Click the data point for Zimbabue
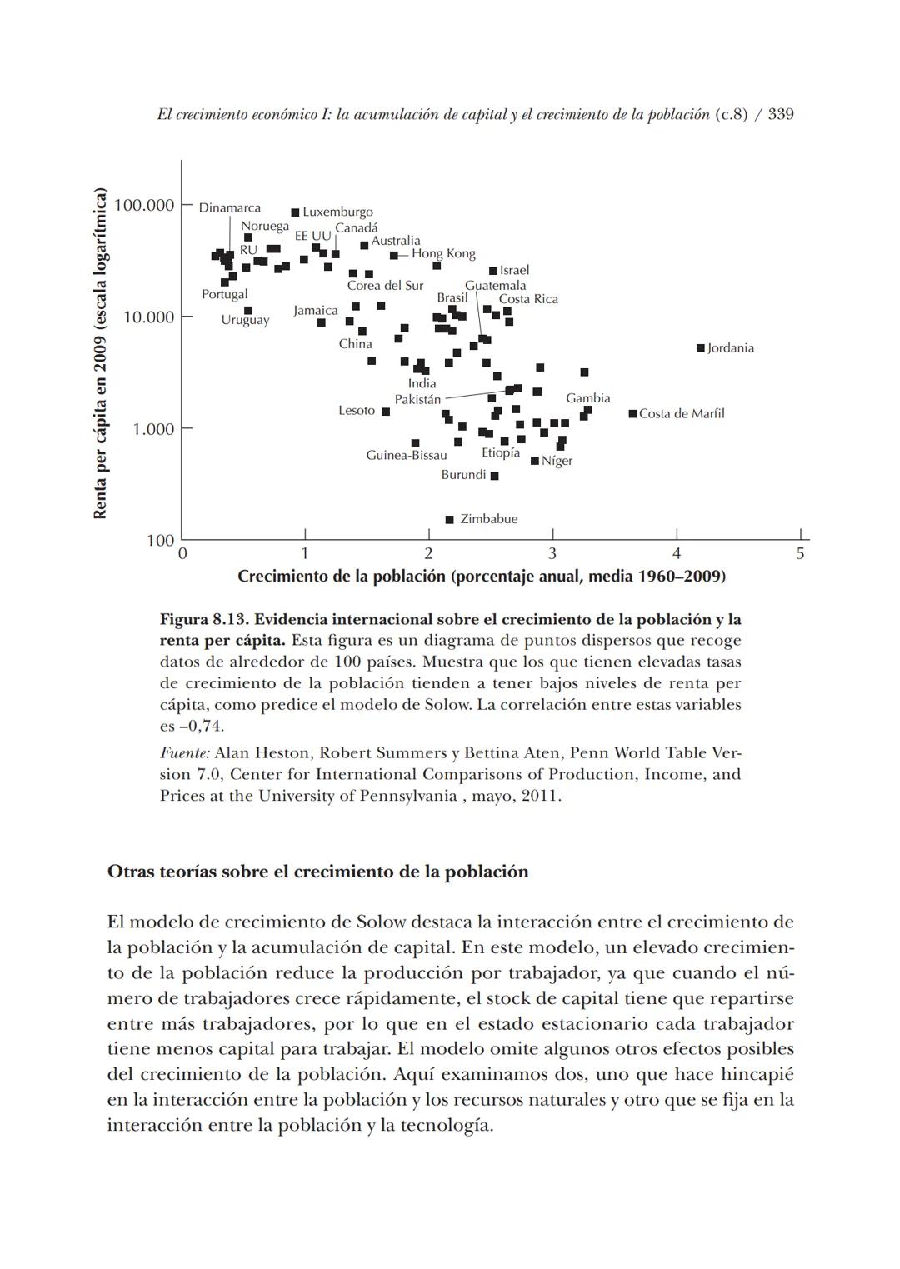(450, 520)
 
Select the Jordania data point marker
(701, 348)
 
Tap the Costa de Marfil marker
(633, 414)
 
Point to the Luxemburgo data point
(296, 212)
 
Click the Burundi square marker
(495, 476)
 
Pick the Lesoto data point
(386, 412)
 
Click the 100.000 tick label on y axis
(143, 205)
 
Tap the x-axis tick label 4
(677, 553)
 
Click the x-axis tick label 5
(800, 553)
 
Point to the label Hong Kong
(443, 253)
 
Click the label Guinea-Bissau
(407, 455)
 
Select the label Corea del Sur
(385, 286)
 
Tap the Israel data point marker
(493, 271)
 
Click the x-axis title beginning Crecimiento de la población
(481, 577)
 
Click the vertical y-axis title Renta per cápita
(100, 354)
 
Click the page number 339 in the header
(781, 114)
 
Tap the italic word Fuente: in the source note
(184, 753)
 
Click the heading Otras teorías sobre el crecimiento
(317, 872)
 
